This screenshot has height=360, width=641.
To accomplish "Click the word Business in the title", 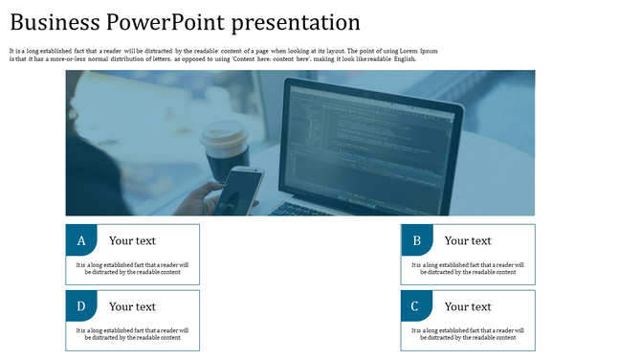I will click(x=55, y=22).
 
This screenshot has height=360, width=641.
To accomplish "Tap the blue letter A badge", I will click(x=81, y=240).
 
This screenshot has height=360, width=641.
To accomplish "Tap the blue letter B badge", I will click(x=416, y=240).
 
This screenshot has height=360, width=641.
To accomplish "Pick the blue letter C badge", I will click(x=416, y=306).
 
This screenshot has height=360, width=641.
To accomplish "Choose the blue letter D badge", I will click(x=81, y=306).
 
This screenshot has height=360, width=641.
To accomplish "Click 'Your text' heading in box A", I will click(x=132, y=240).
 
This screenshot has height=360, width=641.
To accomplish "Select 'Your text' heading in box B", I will click(x=468, y=240).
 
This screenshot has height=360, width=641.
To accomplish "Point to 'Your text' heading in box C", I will click(x=468, y=306).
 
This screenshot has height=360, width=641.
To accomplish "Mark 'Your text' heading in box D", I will click(x=132, y=306).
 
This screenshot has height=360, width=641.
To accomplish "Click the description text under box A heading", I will click(x=132, y=268).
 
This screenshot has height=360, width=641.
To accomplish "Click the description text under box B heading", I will click(x=468, y=268).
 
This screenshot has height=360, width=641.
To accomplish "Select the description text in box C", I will click(x=468, y=333).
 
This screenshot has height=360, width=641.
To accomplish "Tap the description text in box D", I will click(x=132, y=333).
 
